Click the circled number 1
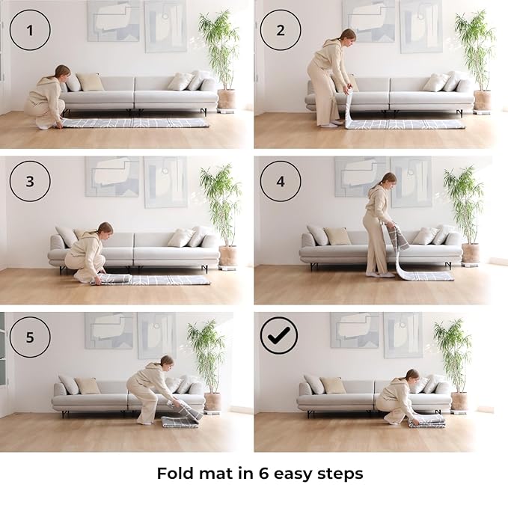click(x=30, y=30)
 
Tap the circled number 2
click(x=281, y=30)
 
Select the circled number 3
click(x=30, y=181)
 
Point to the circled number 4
click(x=281, y=181)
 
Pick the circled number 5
click(x=30, y=337)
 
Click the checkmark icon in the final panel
click(x=279, y=335)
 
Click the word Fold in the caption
click(x=175, y=474)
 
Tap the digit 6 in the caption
click(x=263, y=474)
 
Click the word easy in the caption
click(x=293, y=475)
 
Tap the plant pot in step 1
click(x=226, y=99)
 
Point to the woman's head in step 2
click(x=349, y=36)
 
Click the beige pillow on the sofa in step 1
click(x=90, y=82)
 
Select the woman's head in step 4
click(x=389, y=180)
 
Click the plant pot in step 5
click(x=212, y=402)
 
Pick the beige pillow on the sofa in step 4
click(x=337, y=236)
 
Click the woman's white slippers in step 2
click(x=334, y=123)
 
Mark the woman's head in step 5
click(x=167, y=362)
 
